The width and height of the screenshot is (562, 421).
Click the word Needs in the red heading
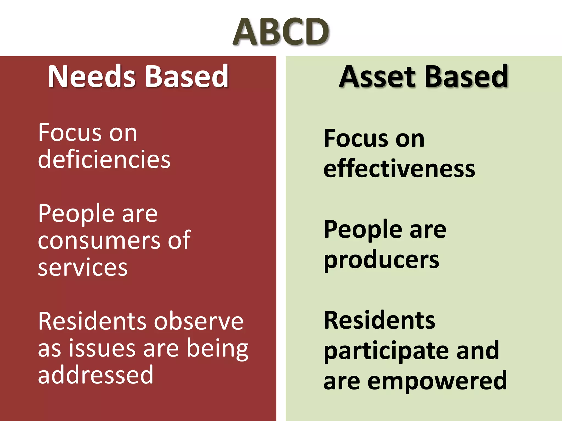pyautogui.click(x=92, y=77)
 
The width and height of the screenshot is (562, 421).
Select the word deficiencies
pyautogui.click(x=104, y=160)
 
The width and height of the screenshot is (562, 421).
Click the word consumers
pyautogui.click(x=99, y=241)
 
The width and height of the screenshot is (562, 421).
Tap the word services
pyautogui.click(x=83, y=267)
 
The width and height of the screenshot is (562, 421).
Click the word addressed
pyautogui.click(x=95, y=375)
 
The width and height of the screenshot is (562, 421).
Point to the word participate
pyautogui.click(x=386, y=351)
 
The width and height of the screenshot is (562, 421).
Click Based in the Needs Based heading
pyautogui.click(x=187, y=77)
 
